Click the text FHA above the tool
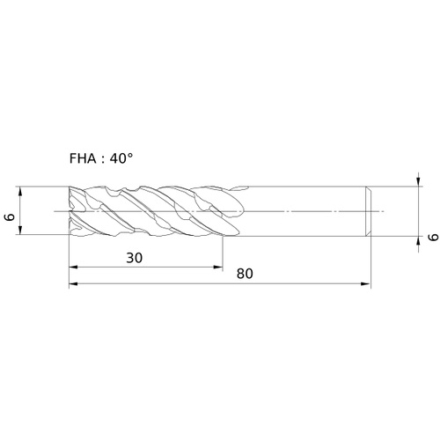83,158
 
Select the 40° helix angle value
121,158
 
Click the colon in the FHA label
103,160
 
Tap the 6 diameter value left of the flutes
11,217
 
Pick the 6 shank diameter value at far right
434,237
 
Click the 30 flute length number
135,258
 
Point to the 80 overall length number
245,274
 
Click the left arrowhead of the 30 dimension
73,267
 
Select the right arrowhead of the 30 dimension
218,267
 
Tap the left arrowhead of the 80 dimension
73,283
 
